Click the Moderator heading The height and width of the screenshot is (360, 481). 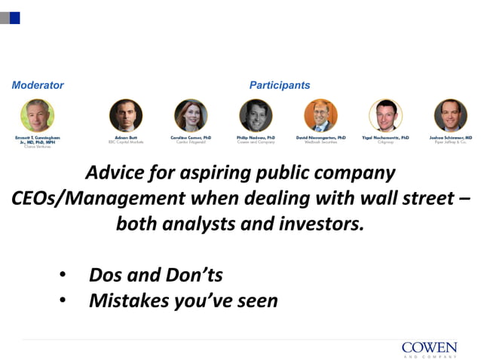38,85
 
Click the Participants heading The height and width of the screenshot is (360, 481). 279,85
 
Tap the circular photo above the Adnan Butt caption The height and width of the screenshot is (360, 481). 126,116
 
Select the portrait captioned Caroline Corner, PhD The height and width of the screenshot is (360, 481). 191,116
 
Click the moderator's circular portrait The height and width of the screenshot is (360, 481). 37,116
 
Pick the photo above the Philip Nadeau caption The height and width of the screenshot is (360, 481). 256,116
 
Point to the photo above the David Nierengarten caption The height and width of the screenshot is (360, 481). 320,116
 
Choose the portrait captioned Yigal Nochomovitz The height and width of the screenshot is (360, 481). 385,116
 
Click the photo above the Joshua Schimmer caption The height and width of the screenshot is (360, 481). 450,116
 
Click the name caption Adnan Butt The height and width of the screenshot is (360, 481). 126,138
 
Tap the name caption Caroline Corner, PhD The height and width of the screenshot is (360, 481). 191,138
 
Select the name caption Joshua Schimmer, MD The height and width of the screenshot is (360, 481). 450,138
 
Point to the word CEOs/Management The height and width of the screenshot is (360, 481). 98,198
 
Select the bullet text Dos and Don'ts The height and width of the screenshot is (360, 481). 155,275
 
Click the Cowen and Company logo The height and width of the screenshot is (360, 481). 429,348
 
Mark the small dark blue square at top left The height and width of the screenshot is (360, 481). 14,17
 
